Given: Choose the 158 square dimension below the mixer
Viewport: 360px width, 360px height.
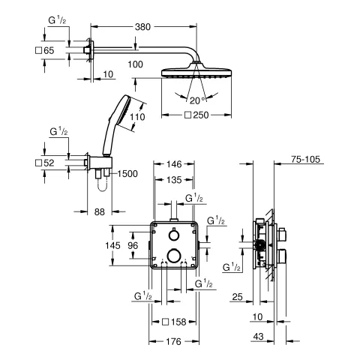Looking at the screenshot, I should point(177,322).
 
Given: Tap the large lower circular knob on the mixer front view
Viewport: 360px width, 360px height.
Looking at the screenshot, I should point(173,255).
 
